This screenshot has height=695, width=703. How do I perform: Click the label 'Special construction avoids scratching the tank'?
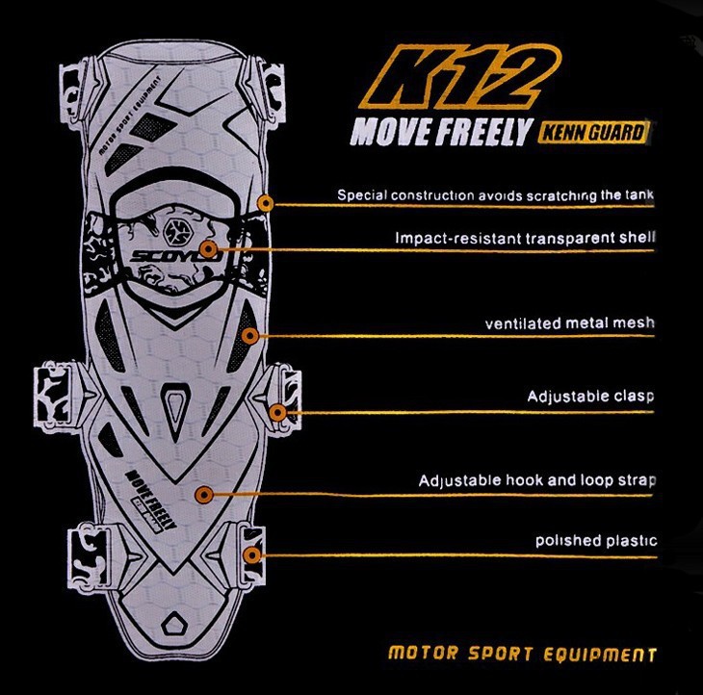(495, 195)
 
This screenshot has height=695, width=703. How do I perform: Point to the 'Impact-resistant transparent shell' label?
(525, 237)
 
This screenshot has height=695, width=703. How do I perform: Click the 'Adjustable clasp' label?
(590, 397)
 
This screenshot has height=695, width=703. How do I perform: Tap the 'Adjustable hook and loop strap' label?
(537, 480)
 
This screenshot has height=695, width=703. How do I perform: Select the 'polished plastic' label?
(595, 541)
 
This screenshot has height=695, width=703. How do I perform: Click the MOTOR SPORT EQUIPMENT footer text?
(522, 655)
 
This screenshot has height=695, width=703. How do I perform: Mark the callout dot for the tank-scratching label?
(267, 203)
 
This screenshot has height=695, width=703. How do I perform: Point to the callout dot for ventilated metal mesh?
(250, 336)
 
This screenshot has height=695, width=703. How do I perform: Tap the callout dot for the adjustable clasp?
(277, 412)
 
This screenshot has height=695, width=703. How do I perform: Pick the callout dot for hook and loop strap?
(203, 495)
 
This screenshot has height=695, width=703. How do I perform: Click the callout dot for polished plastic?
(252, 554)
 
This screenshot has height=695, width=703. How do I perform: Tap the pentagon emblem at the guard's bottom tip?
(176, 622)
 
